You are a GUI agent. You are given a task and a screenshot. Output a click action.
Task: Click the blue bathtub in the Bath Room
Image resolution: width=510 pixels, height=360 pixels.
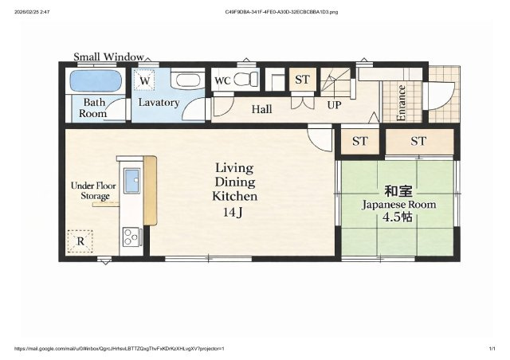point(96,80)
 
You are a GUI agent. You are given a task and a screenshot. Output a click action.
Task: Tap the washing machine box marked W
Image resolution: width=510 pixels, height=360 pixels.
point(145,80)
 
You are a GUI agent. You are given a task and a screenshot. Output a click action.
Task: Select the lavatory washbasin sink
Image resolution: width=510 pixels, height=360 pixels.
point(187,80)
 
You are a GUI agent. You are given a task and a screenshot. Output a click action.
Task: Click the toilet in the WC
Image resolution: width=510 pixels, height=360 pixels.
point(246,79)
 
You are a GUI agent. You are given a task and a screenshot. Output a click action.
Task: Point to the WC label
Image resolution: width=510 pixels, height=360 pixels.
point(222,80)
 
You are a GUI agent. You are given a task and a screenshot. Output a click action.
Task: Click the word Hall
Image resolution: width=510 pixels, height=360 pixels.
point(262,109)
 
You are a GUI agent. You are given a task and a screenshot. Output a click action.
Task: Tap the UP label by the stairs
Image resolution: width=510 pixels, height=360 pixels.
point(334,105)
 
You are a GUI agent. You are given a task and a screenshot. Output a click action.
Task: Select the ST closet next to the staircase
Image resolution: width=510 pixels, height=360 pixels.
point(303,79)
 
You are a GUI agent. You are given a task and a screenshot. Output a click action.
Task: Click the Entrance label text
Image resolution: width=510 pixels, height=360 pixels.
point(401,103)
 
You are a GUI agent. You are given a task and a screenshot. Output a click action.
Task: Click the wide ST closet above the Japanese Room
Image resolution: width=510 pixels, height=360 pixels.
point(419,141)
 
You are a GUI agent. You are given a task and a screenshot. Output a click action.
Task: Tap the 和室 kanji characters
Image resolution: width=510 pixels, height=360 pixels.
point(398,191)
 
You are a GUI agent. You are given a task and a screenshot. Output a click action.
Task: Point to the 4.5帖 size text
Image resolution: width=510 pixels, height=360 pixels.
point(398,217)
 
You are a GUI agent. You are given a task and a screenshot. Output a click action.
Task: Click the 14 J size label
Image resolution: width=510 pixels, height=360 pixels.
point(233,213)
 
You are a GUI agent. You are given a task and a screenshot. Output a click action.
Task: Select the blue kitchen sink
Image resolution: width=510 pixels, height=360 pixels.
point(131,181)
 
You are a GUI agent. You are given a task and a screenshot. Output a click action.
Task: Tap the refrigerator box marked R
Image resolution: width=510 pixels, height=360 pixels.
point(80,241)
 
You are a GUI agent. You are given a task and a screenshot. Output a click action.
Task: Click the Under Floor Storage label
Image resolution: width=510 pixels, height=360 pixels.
point(94,191)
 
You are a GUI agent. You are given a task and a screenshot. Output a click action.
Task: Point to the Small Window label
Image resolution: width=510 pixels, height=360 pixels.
point(108,57)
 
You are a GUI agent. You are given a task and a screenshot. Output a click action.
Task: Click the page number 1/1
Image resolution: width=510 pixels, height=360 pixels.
point(492,349)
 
